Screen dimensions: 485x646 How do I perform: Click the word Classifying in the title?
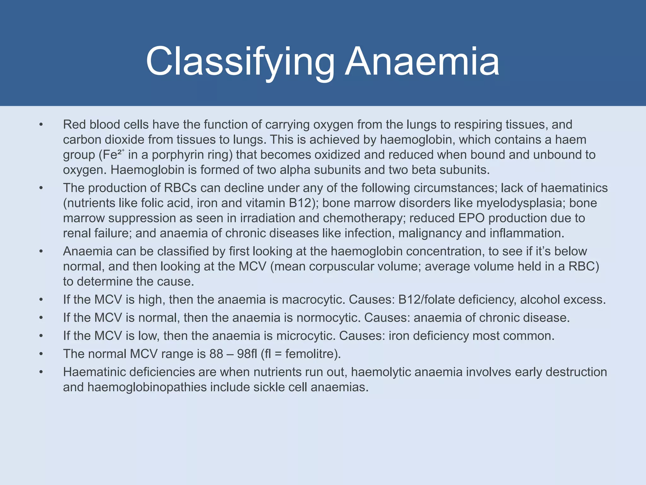click(240, 62)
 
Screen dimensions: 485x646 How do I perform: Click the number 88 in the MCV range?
click(216, 354)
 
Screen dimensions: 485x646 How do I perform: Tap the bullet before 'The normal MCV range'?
click(41, 354)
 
